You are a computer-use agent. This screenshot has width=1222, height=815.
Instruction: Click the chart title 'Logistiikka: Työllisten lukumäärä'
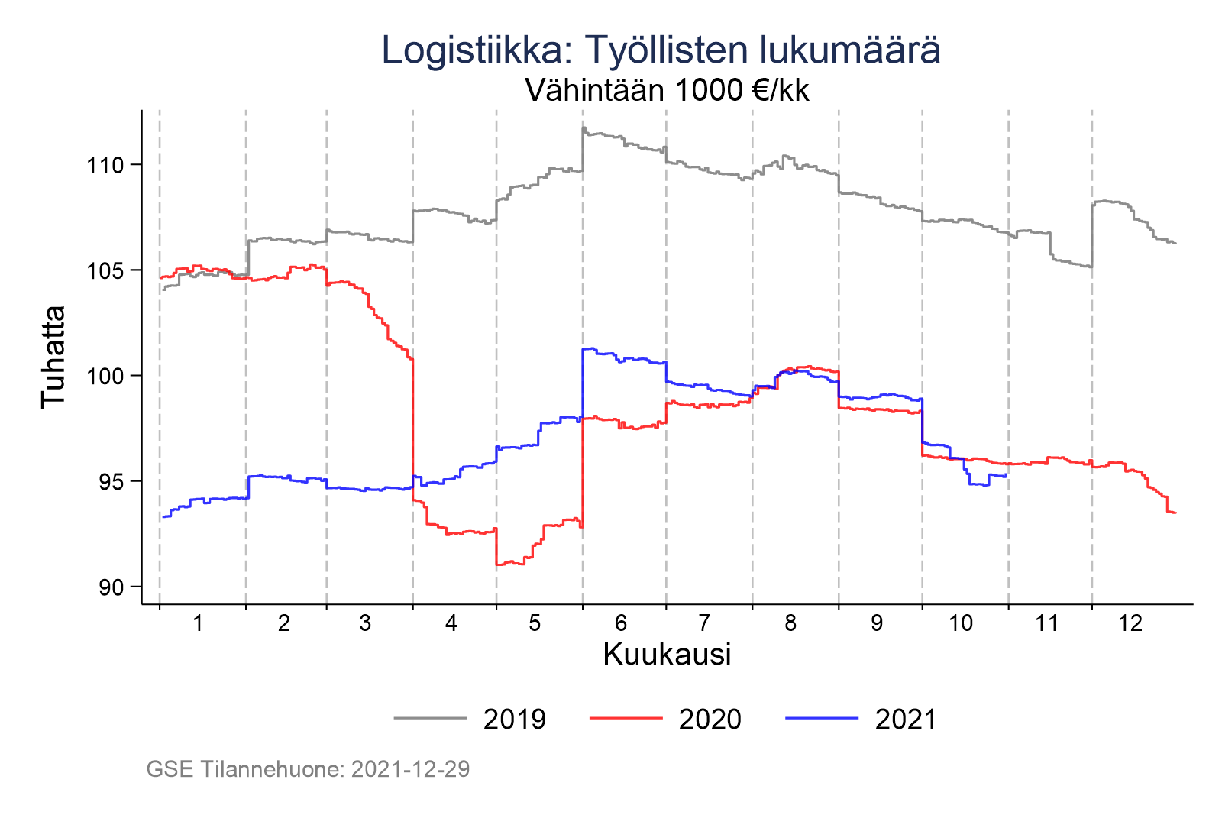click(661, 50)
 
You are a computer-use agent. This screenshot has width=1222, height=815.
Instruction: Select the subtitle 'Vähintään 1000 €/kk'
click(667, 91)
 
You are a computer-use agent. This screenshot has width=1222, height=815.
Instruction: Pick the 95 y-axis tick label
click(112, 481)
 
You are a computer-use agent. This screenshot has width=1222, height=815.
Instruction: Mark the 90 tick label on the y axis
click(112, 587)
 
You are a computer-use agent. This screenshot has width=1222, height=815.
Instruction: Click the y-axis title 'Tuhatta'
click(53, 357)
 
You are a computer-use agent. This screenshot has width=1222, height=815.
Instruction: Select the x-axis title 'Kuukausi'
click(667, 655)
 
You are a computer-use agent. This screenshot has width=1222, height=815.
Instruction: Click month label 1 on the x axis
click(198, 623)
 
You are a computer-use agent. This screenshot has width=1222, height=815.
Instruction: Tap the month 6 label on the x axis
click(621, 623)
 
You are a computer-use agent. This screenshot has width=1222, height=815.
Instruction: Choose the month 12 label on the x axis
click(1130, 623)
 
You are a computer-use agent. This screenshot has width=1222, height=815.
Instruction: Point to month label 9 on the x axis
click(877, 623)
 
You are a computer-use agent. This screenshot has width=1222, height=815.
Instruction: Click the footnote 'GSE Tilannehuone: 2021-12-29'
click(308, 769)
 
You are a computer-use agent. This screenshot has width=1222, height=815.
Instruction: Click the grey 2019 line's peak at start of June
click(584, 128)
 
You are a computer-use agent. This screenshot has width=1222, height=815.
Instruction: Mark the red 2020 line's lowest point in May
click(501, 564)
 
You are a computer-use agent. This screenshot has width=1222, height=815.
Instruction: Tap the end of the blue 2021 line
click(1007, 475)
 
